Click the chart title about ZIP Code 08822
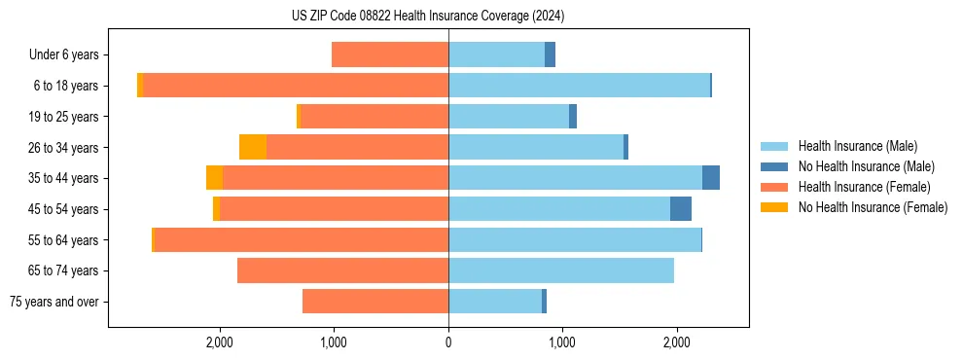(x=428, y=16)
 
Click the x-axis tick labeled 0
(x=448, y=342)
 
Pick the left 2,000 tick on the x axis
(x=220, y=342)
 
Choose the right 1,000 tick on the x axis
(x=562, y=342)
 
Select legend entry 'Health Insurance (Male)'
(x=857, y=146)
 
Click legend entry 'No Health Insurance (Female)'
(x=873, y=207)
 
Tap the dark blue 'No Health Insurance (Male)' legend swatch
(x=774, y=166)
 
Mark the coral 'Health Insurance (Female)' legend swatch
(x=774, y=187)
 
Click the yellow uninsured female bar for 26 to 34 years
(x=253, y=147)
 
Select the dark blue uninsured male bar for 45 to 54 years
(x=681, y=208)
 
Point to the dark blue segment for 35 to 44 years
(x=711, y=178)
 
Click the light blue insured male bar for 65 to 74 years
(x=561, y=270)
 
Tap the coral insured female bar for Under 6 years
(x=390, y=55)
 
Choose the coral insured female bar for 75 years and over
(x=375, y=302)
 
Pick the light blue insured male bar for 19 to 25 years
(x=509, y=117)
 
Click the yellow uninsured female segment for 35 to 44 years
(x=214, y=178)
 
